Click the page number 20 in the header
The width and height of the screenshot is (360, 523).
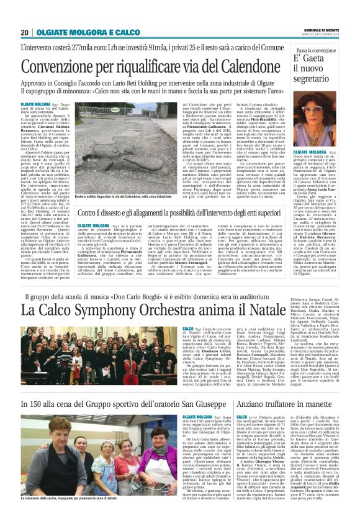[x=24, y=32]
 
